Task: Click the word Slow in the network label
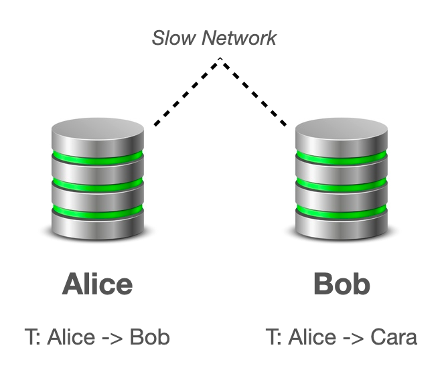170,38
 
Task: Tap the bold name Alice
97,284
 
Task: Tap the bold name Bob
342,284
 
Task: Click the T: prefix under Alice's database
32,337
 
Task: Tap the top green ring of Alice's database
98,158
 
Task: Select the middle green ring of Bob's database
342,183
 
